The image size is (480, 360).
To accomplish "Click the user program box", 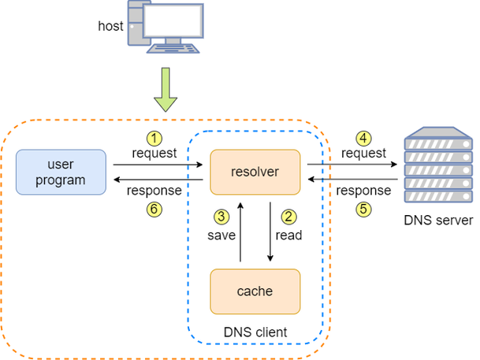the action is (61, 173).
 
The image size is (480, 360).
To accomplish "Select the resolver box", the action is (255, 173).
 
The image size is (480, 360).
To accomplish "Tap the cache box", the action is (255, 291).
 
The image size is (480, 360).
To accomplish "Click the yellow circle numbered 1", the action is (154, 139).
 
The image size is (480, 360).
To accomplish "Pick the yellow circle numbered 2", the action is (288, 217).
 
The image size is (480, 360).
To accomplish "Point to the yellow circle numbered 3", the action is (221, 217).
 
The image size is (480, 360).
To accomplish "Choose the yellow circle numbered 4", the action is (363, 139).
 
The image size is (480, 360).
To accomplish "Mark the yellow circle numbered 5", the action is (363, 210).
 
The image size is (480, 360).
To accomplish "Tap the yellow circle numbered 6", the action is (154, 210).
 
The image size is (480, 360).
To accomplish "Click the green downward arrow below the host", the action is (166, 90).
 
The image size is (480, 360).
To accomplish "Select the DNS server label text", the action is (438, 221).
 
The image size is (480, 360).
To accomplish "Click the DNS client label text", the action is (255, 332).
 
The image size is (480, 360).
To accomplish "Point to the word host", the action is (111, 26).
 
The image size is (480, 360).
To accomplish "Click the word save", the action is (221, 236).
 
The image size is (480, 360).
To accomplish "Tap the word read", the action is (288, 236).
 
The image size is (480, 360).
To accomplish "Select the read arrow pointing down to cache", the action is (270, 232).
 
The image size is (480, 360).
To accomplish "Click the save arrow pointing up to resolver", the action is (240, 232).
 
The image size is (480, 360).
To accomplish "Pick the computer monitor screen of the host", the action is (173, 20).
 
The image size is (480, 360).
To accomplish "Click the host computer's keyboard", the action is (173, 49).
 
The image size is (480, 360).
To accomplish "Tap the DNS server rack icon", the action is (438, 165).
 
